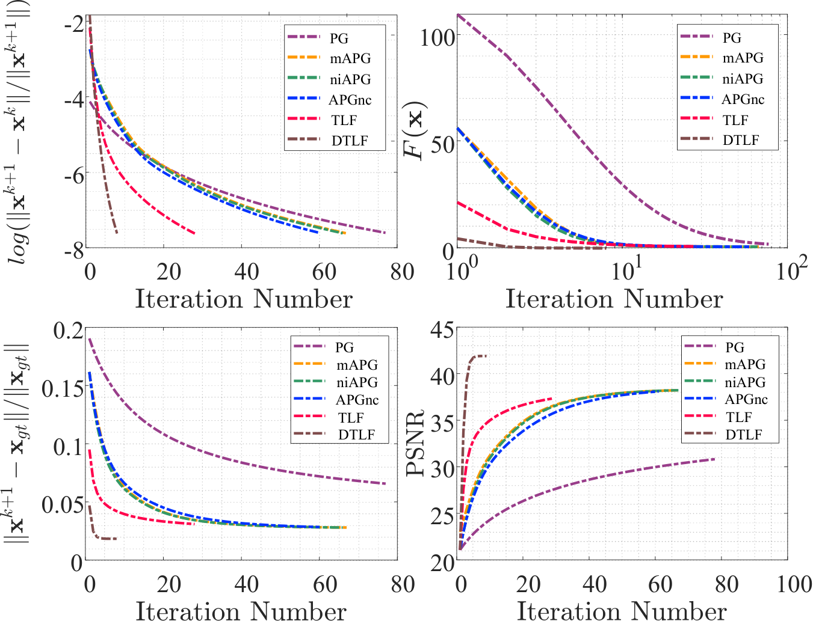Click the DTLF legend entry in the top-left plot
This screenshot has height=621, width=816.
(350, 141)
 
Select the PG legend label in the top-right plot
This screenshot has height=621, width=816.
(732, 37)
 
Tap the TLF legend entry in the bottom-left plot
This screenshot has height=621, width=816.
(350, 417)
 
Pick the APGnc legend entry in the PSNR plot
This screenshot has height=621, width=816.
(746, 399)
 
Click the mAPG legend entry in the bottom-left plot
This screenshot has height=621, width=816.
(357, 365)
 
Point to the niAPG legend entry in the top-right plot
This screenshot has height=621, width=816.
(743, 78)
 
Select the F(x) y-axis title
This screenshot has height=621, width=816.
(416, 130)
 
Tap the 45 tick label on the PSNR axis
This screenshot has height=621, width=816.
(442, 330)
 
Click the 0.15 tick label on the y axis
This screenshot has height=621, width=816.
(62, 388)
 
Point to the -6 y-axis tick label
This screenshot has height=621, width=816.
(74, 174)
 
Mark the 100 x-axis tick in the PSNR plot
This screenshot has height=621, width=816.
(794, 584)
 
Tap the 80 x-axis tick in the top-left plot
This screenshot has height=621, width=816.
(402, 272)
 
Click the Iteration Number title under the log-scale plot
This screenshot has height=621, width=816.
(614, 299)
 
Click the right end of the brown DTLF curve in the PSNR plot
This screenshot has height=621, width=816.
(486, 356)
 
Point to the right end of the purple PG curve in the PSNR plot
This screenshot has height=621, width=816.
(714, 459)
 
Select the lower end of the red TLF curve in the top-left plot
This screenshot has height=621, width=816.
(194, 233)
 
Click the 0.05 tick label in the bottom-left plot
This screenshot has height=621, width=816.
(62, 505)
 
